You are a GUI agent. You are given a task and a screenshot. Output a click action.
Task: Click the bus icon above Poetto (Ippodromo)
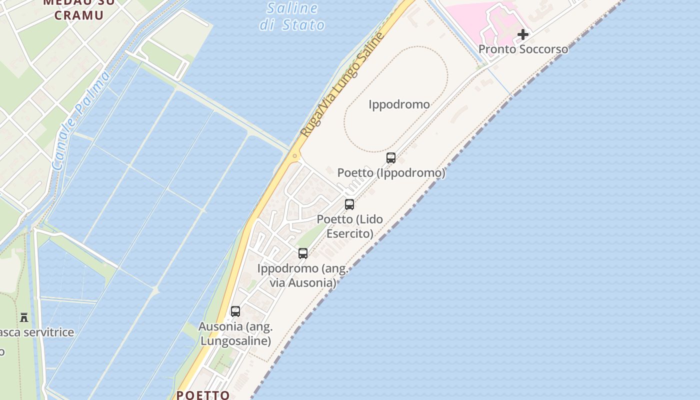(x=391, y=158)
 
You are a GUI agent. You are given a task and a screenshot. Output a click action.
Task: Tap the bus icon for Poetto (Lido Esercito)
(x=349, y=204)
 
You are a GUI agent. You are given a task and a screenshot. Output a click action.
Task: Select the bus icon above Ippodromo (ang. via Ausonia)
(x=303, y=253)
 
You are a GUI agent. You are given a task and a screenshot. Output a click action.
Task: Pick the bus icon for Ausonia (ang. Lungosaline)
(x=235, y=311)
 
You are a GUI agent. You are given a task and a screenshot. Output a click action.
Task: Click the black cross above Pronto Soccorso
(x=523, y=34)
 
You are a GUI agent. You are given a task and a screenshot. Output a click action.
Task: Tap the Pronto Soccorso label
(x=523, y=49)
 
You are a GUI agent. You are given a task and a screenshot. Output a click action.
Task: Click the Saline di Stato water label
(x=292, y=16)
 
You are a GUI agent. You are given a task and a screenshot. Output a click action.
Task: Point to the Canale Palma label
(x=80, y=120)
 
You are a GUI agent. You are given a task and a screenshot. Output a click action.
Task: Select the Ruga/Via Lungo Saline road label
(x=342, y=85)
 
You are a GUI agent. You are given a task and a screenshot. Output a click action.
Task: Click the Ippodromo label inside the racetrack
(x=399, y=104)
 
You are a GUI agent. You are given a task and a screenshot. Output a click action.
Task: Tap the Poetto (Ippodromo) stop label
(x=391, y=173)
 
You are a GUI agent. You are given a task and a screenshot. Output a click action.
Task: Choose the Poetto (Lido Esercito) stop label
(x=350, y=226)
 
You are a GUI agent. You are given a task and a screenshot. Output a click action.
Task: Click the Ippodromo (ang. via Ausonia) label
(x=303, y=275)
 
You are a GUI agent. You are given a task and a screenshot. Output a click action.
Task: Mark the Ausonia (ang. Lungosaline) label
(x=235, y=334)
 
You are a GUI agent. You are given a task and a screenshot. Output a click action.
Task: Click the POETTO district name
(x=203, y=395)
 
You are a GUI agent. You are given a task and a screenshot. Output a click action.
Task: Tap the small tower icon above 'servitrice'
(x=24, y=317)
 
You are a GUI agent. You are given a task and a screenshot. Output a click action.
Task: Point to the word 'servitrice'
(x=48, y=332)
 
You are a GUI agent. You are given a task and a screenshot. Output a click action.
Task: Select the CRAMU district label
(x=79, y=15)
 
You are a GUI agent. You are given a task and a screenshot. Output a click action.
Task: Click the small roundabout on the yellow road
(x=295, y=156)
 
